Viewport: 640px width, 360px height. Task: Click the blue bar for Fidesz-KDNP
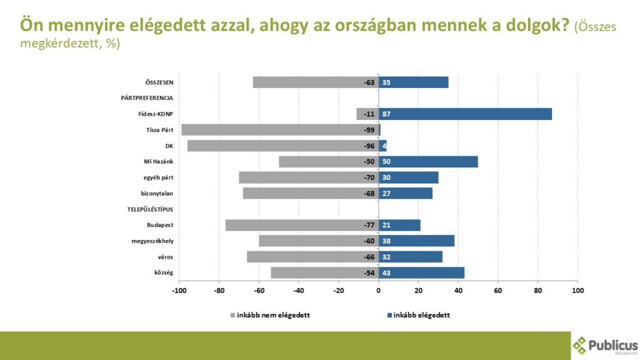pos(465,114)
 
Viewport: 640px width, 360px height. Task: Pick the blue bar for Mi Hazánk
pos(428,161)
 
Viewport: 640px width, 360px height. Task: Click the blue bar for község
pos(421,272)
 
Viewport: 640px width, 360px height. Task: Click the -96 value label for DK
pos(369,146)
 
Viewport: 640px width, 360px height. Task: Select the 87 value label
pos(386,114)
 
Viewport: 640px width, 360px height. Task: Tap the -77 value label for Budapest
pos(369,225)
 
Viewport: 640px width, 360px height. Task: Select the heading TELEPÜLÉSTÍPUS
pos(146,209)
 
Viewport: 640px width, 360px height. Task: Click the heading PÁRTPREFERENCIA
pos(147,98)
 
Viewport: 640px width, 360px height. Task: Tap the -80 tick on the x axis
pos(219,291)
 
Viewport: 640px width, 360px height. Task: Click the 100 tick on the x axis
pos(577,291)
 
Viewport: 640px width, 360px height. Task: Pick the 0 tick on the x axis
pos(378,291)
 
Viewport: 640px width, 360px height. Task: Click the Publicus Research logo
pos(606,346)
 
